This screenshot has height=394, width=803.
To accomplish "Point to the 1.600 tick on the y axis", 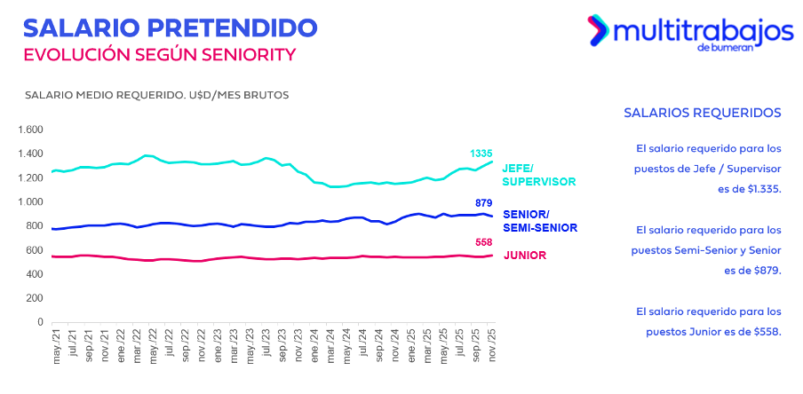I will tap(29, 130).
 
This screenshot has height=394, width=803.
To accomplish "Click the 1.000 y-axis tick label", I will tap(29, 202).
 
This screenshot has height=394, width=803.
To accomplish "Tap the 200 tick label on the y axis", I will tap(34, 298).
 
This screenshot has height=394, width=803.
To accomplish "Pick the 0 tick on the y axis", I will tap(39, 322).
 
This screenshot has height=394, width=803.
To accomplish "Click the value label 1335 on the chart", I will tap(481, 154).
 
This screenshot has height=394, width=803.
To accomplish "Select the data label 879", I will tap(483, 203).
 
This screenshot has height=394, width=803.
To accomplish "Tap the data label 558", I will tap(483, 243).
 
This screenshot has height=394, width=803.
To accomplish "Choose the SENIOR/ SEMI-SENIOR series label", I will tap(538, 221).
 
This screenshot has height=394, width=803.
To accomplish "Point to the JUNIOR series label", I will tap(524, 256).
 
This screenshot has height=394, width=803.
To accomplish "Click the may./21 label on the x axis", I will tap(56, 348).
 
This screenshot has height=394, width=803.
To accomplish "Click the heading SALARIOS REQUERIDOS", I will tap(702, 114).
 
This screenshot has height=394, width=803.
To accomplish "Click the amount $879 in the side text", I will tap(765, 270).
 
